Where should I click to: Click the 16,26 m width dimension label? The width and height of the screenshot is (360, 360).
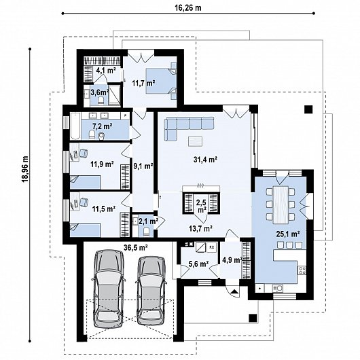(188, 7)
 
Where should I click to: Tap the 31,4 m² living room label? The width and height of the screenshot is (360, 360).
(206, 160)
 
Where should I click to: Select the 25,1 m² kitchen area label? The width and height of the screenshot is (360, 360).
(288, 234)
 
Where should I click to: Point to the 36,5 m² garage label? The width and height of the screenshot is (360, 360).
(135, 247)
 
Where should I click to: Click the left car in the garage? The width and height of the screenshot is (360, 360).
(109, 288)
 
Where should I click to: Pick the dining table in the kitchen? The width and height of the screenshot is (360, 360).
(281, 205)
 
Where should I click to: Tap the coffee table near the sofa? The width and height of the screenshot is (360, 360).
(195, 141)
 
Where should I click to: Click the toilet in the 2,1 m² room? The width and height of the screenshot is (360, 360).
(146, 232)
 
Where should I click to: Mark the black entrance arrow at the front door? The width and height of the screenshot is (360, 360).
(234, 292)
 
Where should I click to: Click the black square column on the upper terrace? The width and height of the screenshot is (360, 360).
(309, 109)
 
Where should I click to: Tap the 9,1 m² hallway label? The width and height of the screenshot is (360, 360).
(143, 166)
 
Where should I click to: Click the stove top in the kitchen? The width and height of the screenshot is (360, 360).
(302, 270)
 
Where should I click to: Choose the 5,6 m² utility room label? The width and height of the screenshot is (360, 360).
(198, 264)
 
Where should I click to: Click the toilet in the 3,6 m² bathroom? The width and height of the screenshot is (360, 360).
(101, 101)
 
